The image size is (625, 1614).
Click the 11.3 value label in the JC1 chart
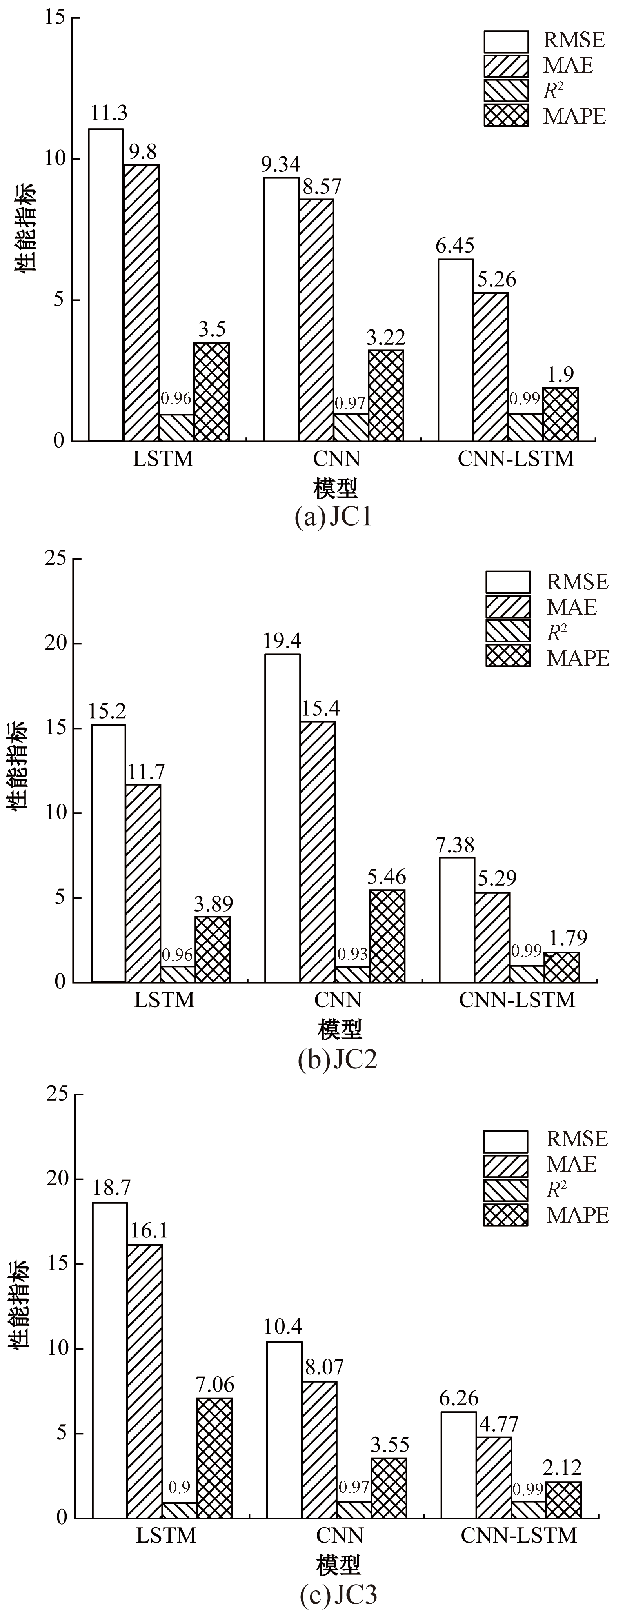[109, 113]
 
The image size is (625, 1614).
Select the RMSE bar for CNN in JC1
[281, 309]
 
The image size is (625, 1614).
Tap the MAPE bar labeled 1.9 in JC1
[560, 414]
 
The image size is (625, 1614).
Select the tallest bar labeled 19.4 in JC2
[282, 818]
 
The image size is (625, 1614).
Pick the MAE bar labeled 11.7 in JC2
[143, 883]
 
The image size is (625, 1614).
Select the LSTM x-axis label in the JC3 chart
[166, 1536]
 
